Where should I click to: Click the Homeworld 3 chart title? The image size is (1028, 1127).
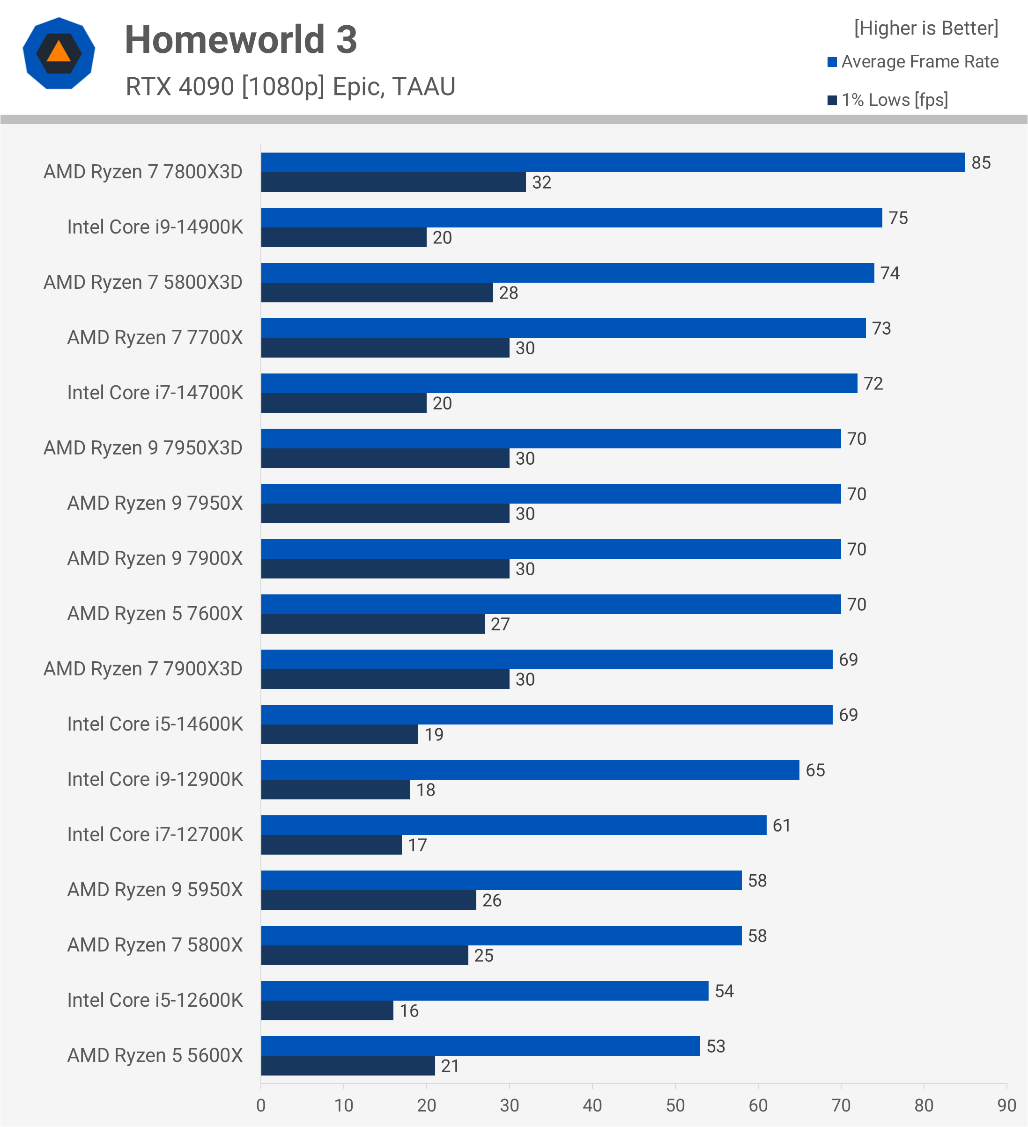click(x=241, y=40)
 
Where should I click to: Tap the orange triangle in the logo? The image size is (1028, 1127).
click(x=59, y=51)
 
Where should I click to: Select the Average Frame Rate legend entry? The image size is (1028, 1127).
click(x=913, y=61)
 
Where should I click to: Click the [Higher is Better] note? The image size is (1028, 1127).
click(x=925, y=28)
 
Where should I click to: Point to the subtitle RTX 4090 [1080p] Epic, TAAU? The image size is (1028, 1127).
click(x=290, y=87)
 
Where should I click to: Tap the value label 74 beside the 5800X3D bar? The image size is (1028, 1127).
click(x=889, y=273)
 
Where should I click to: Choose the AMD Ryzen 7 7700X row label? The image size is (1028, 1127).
click(x=155, y=337)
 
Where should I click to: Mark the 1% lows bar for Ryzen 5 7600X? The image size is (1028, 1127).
click(x=372, y=624)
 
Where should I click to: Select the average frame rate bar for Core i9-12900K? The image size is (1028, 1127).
click(x=530, y=770)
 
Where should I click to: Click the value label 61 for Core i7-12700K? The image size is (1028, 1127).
click(x=781, y=826)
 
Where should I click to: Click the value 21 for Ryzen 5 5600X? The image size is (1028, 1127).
click(x=450, y=1066)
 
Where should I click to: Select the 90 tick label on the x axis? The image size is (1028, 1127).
click(x=1006, y=1105)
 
